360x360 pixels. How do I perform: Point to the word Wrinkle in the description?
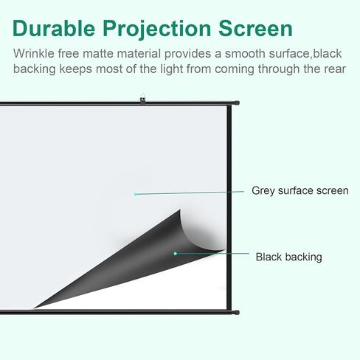[x=34, y=55]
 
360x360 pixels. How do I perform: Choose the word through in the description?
[x=287, y=69]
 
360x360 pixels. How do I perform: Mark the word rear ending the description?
[x=336, y=69]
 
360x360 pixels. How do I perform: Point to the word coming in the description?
[x=242, y=69]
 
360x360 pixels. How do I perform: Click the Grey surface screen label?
[x=300, y=190]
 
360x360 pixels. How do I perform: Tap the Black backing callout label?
[x=289, y=257]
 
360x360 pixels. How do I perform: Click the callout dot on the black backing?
[x=175, y=254]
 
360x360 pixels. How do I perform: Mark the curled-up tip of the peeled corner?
[x=180, y=212]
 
